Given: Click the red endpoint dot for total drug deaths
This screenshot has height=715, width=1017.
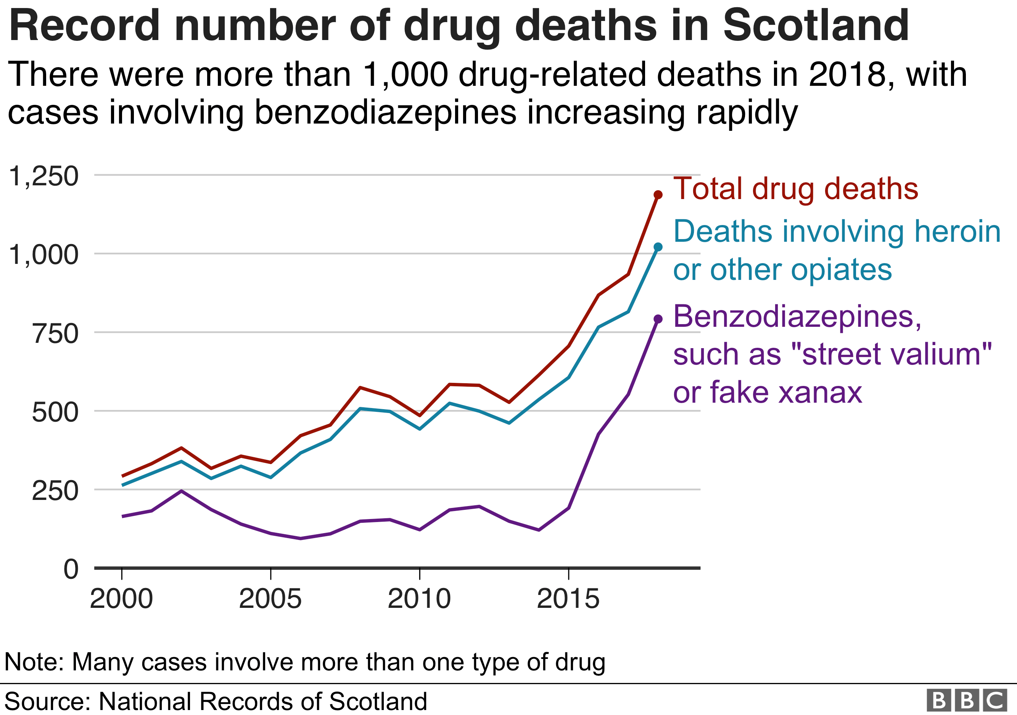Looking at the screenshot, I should [x=658, y=195].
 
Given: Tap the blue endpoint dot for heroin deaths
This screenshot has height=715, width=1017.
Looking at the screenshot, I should [x=658, y=247].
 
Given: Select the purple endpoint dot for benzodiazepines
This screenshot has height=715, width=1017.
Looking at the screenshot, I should [x=658, y=319].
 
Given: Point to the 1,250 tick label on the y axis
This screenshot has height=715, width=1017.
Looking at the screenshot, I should [x=43, y=176].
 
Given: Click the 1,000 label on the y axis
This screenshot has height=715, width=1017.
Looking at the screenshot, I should [x=43, y=255].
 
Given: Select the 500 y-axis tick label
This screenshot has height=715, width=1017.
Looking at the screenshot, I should [x=55, y=412].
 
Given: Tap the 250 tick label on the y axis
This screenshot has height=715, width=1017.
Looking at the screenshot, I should [x=55, y=491].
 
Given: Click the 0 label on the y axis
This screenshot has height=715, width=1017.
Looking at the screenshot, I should [x=71, y=569].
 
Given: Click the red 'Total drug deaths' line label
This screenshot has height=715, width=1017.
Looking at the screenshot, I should [x=795, y=189].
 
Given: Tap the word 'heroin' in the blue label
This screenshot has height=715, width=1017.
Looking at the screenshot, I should [x=957, y=231].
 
